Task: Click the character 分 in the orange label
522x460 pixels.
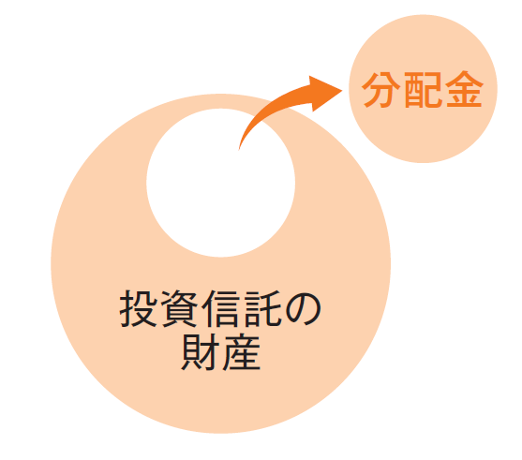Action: (x=380, y=90)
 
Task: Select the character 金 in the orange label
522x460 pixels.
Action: (x=465, y=90)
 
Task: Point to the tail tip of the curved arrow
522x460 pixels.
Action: (x=239, y=150)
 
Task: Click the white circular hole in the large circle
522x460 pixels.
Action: (x=221, y=183)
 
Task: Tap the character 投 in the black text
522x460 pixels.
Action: (x=139, y=308)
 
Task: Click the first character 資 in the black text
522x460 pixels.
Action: (x=180, y=308)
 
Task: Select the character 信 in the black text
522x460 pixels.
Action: (x=221, y=308)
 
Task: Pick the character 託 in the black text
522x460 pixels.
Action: (x=263, y=308)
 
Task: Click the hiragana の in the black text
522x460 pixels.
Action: (x=303, y=309)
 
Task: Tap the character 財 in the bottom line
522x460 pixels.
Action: (x=201, y=352)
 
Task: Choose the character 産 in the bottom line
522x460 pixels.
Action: (x=242, y=352)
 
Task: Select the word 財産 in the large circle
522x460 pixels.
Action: (x=221, y=352)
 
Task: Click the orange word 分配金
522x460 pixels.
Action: (x=423, y=90)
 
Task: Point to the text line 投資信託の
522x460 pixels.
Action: (x=220, y=308)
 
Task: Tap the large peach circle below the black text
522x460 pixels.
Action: (x=221, y=399)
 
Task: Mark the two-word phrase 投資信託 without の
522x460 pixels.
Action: (x=201, y=308)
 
